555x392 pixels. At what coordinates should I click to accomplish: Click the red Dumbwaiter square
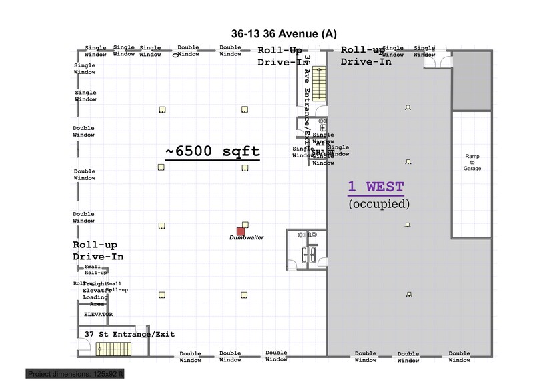[241, 231]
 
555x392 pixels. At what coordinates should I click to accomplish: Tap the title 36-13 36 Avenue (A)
[284, 34]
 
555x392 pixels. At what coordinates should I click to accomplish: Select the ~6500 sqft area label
[213, 151]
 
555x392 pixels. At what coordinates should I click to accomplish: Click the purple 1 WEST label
[376, 187]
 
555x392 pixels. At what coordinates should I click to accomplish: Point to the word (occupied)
[379, 204]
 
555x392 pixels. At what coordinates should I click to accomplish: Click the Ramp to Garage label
[472, 163]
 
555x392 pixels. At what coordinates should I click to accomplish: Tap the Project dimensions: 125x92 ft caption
[76, 374]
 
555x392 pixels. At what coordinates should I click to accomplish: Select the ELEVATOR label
[98, 314]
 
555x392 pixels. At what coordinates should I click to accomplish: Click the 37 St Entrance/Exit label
[129, 334]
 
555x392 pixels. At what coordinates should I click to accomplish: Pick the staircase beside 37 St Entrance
[115, 349]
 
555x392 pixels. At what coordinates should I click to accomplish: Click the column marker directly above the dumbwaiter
[245, 224]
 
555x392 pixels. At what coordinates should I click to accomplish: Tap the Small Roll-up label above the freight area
[93, 269]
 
